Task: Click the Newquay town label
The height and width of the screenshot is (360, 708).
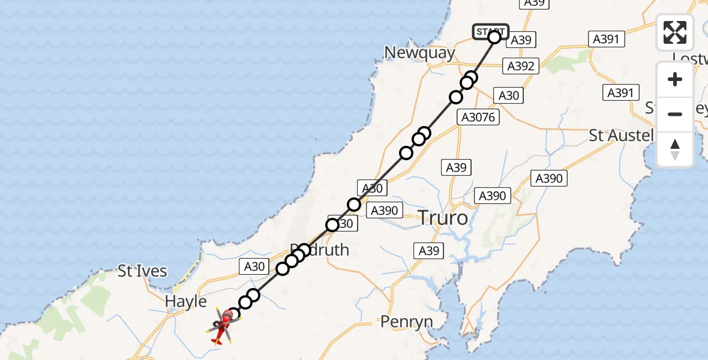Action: tap(419, 53)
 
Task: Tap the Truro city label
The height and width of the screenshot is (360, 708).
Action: tap(443, 217)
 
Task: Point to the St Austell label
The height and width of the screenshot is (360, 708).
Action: tap(620, 135)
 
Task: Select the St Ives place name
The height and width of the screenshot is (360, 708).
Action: tap(142, 271)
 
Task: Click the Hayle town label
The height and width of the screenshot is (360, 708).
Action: tap(186, 301)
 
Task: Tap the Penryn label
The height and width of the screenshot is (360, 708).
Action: tap(406, 322)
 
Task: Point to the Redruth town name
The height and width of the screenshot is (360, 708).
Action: tap(319, 249)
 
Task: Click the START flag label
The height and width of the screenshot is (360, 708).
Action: tap(490, 31)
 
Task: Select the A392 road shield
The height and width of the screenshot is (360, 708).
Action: tap(520, 66)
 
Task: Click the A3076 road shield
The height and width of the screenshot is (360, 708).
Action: tap(478, 117)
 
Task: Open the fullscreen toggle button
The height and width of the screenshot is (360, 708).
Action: tap(675, 32)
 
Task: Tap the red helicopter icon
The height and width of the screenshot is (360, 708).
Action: tap(223, 326)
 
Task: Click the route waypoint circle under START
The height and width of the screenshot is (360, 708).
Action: tap(494, 38)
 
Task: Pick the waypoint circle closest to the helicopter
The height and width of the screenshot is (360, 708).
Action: tap(234, 314)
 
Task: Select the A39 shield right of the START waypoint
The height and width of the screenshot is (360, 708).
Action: tap(521, 40)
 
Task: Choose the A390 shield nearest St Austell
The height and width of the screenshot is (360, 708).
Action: tap(548, 178)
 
